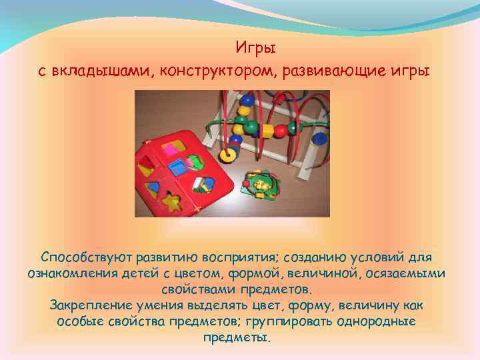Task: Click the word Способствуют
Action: (85, 257)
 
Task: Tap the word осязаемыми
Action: (409, 273)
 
